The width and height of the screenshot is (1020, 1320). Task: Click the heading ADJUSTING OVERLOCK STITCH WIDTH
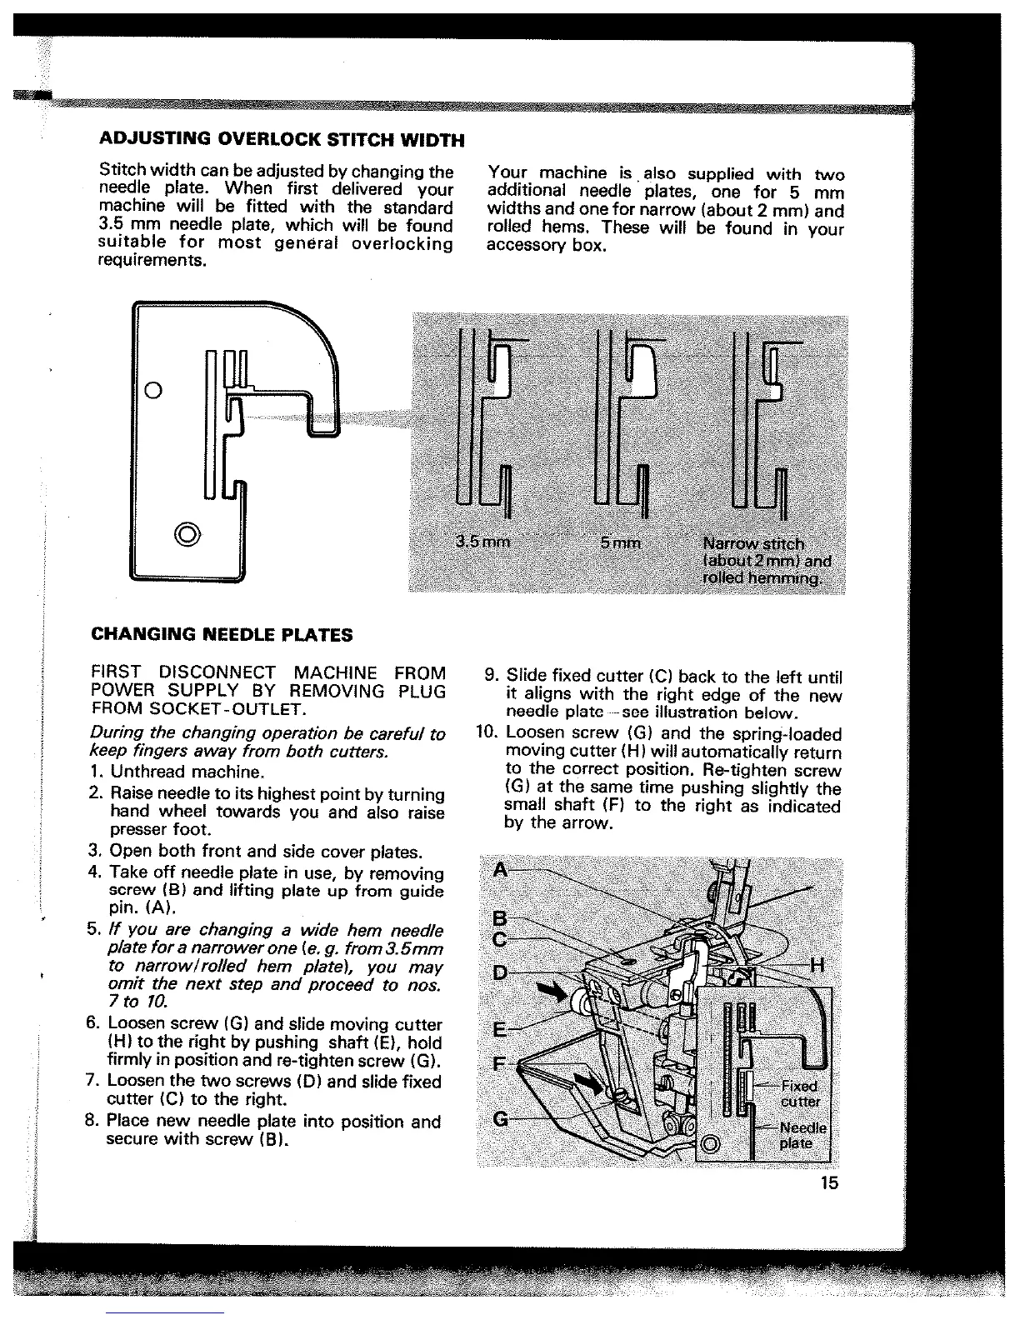[x=281, y=137]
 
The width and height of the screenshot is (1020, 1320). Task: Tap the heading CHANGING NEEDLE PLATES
[x=222, y=635]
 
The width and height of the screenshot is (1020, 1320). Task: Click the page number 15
[x=828, y=1183]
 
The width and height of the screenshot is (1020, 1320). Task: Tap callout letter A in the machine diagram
[x=500, y=870]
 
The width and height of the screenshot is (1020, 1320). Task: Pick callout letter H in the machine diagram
[x=817, y=966]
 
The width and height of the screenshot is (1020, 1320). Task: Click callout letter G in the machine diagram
[x=501, y=1118]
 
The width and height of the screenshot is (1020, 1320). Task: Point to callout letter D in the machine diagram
[x=500, y=972]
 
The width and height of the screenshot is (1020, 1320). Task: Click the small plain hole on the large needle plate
[x=152, y=390]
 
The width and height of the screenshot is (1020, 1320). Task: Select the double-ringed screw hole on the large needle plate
[x=185, y=532]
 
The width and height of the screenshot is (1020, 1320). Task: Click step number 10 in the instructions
[x=486, y=734]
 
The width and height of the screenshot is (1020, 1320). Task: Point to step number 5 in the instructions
[x=94, y=929]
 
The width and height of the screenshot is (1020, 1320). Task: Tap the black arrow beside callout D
[x=551, y=992]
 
